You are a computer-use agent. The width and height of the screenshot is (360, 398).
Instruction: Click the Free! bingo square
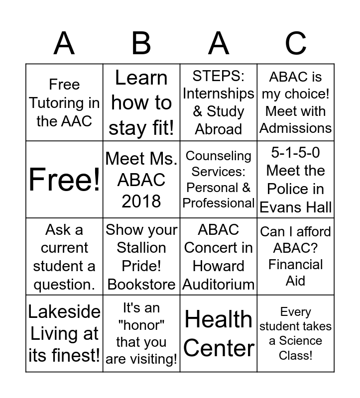click(64, 180)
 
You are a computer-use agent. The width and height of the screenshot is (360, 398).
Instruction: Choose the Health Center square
click(219, 333)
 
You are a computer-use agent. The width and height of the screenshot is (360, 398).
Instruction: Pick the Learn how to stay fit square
click(141, 102)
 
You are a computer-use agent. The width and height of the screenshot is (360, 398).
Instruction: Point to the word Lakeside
click(64, 312)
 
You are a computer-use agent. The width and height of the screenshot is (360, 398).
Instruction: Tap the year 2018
click(141, 201)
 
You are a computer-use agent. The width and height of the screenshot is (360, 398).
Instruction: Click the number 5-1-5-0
click(296, 153)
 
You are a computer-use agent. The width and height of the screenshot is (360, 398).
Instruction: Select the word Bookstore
click(141, 284)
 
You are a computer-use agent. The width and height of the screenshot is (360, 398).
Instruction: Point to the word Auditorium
click(219, 284)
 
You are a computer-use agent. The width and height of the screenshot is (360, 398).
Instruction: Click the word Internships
click(219, 93)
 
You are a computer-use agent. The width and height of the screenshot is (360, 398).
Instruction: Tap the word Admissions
click(296, 128)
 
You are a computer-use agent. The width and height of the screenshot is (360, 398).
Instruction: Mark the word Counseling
click(219, 156)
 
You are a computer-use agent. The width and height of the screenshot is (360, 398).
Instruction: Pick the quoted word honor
click(141, 325)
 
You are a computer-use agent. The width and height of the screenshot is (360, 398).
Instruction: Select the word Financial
click(296, 264)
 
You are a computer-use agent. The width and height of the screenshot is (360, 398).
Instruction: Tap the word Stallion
click(141, 248)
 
